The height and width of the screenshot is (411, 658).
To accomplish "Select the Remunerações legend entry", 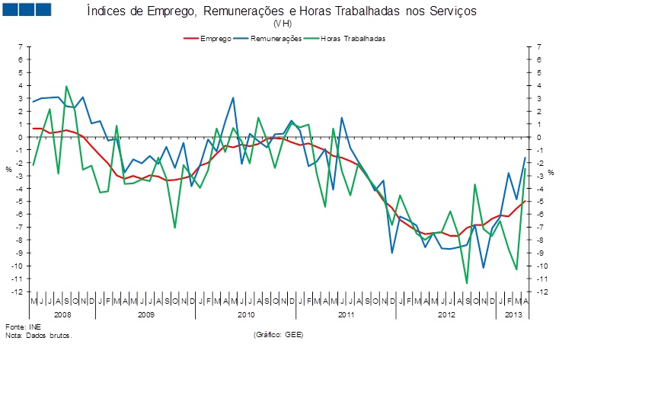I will point(274,38).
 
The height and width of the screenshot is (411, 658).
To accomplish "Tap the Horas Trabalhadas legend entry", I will point(353,38).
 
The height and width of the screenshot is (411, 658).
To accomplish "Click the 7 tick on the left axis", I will point(21,47).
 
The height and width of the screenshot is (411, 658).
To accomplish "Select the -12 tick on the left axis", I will point(18,292).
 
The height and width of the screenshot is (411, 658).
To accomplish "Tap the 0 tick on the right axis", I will point(538,137).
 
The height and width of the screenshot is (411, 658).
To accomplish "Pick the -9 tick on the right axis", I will point(540,253).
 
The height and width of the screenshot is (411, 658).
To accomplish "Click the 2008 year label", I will point(62,314).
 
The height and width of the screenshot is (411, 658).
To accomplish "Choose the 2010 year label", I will point(246,314).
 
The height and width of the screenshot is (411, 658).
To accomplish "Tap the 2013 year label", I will point(514,314).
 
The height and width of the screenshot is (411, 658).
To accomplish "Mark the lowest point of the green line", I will point(466,283).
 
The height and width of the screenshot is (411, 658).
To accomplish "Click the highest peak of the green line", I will point(66,86).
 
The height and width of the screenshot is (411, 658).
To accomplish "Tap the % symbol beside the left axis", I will point(9,169).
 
